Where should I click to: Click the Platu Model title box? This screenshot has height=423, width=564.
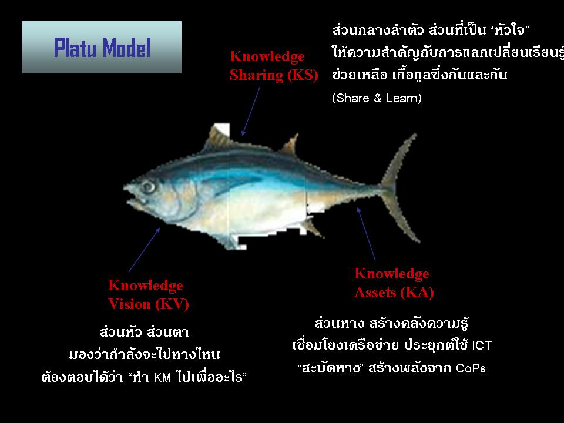point(102,47)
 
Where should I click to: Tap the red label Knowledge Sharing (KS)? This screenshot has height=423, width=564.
point(274,66)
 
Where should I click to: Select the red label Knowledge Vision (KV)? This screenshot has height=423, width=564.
point(148,295)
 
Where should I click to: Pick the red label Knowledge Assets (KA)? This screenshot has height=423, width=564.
point(394,283)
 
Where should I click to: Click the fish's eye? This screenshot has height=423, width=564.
point(148,187)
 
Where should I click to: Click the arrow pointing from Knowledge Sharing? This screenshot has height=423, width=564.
point(251,111)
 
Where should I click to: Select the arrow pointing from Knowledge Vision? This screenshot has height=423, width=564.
point(145,249)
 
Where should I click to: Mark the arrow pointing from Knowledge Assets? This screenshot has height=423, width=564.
point(366,234)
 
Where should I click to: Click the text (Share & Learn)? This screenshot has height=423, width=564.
point(377,98)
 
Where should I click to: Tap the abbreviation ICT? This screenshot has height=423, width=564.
point(482,345)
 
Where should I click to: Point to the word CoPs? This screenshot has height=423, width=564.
point(471,368)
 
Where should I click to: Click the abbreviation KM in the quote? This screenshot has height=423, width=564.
point(162,377)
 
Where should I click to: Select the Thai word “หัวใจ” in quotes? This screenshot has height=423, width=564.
point(510,30)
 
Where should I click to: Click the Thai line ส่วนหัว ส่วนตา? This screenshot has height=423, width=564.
point(144,331)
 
